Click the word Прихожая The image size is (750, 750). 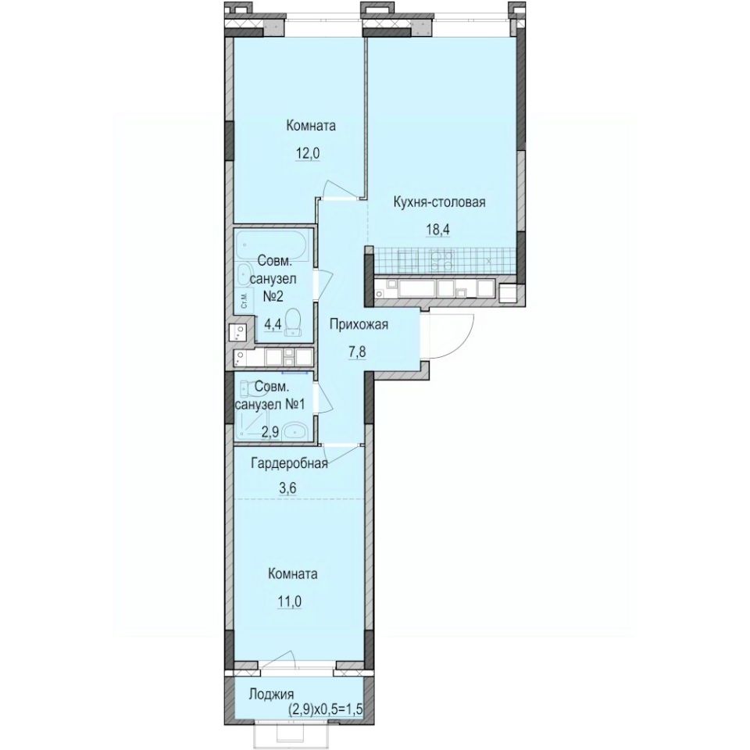click(x=359, y=325)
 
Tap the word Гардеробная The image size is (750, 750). click(x=288, y=463)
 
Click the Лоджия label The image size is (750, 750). click(x=270, y=695)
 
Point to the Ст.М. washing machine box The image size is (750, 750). click(x=243, y=301)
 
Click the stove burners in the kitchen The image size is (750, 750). click(x=442, y=259)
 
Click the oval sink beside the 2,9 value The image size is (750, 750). click(x=295, y=430)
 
